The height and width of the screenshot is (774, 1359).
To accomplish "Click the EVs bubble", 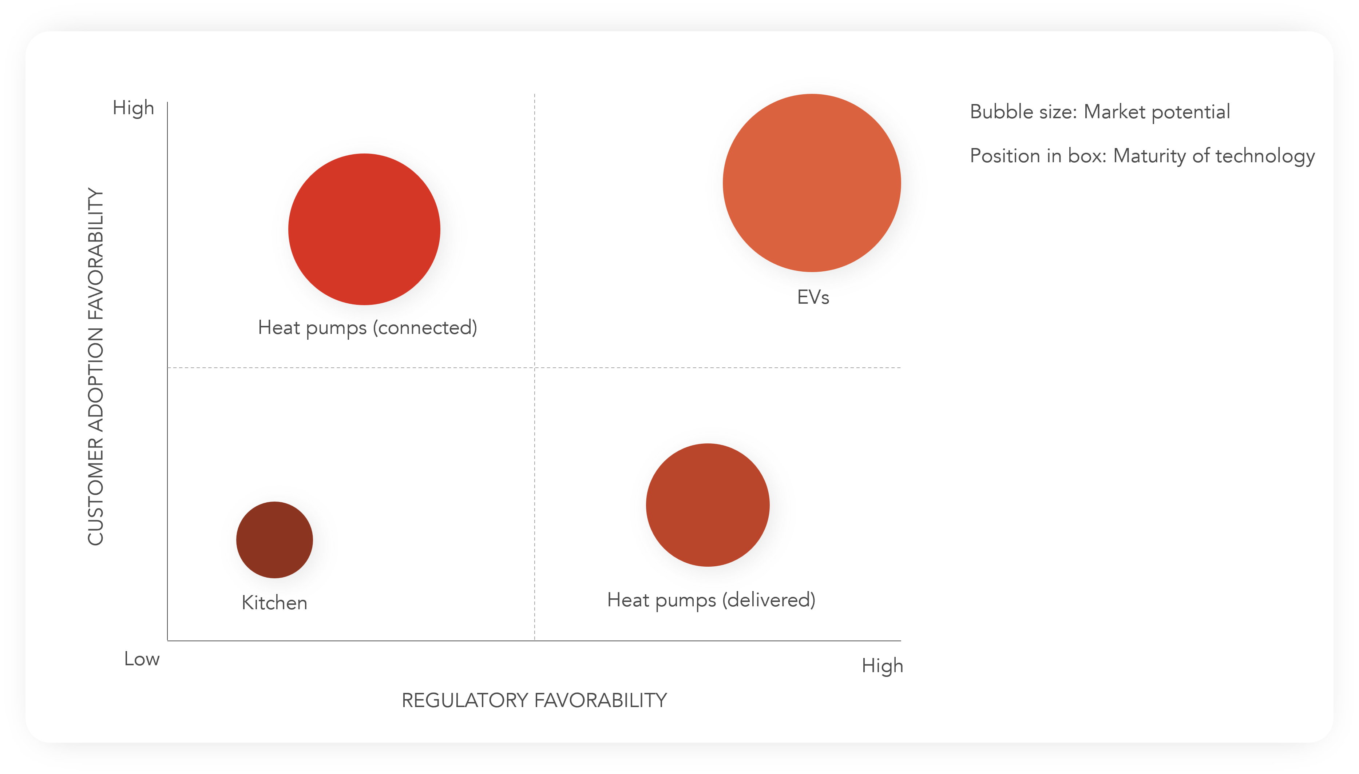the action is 811,183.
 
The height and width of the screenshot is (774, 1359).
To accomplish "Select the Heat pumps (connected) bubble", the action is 364,229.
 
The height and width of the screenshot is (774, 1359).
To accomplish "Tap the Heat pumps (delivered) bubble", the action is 708,505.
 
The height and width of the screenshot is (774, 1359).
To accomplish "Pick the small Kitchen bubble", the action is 274,539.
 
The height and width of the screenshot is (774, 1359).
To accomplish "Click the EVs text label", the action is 813,297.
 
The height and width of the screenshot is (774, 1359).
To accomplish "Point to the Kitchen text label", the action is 274,603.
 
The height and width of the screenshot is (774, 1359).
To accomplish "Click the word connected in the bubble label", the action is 425,328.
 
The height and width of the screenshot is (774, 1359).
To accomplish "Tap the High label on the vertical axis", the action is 133,108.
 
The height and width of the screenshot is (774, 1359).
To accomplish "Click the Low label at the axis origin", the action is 142,659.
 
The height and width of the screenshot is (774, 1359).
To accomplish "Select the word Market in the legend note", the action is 1114,112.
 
